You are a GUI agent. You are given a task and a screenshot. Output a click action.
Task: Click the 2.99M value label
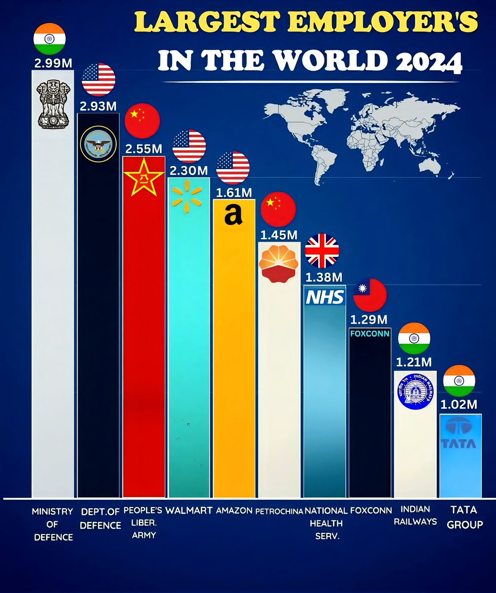53,63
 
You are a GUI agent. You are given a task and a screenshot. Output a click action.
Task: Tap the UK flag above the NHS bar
322,251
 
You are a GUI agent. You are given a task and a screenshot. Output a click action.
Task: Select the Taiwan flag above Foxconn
370,294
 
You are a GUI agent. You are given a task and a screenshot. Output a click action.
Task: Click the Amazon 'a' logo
233,216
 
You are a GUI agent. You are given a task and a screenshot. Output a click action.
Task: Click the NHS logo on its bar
325,296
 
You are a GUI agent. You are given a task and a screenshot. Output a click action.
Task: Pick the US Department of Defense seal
98,144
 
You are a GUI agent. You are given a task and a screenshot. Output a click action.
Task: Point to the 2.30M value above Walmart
189,170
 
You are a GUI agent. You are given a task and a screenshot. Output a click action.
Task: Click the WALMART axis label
189,510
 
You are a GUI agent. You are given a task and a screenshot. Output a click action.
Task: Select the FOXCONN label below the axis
371,510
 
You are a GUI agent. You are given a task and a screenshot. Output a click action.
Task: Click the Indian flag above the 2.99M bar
49,39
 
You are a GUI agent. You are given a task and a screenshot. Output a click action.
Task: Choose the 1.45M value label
279,233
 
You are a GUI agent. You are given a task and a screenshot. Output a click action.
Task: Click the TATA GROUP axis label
464,517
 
